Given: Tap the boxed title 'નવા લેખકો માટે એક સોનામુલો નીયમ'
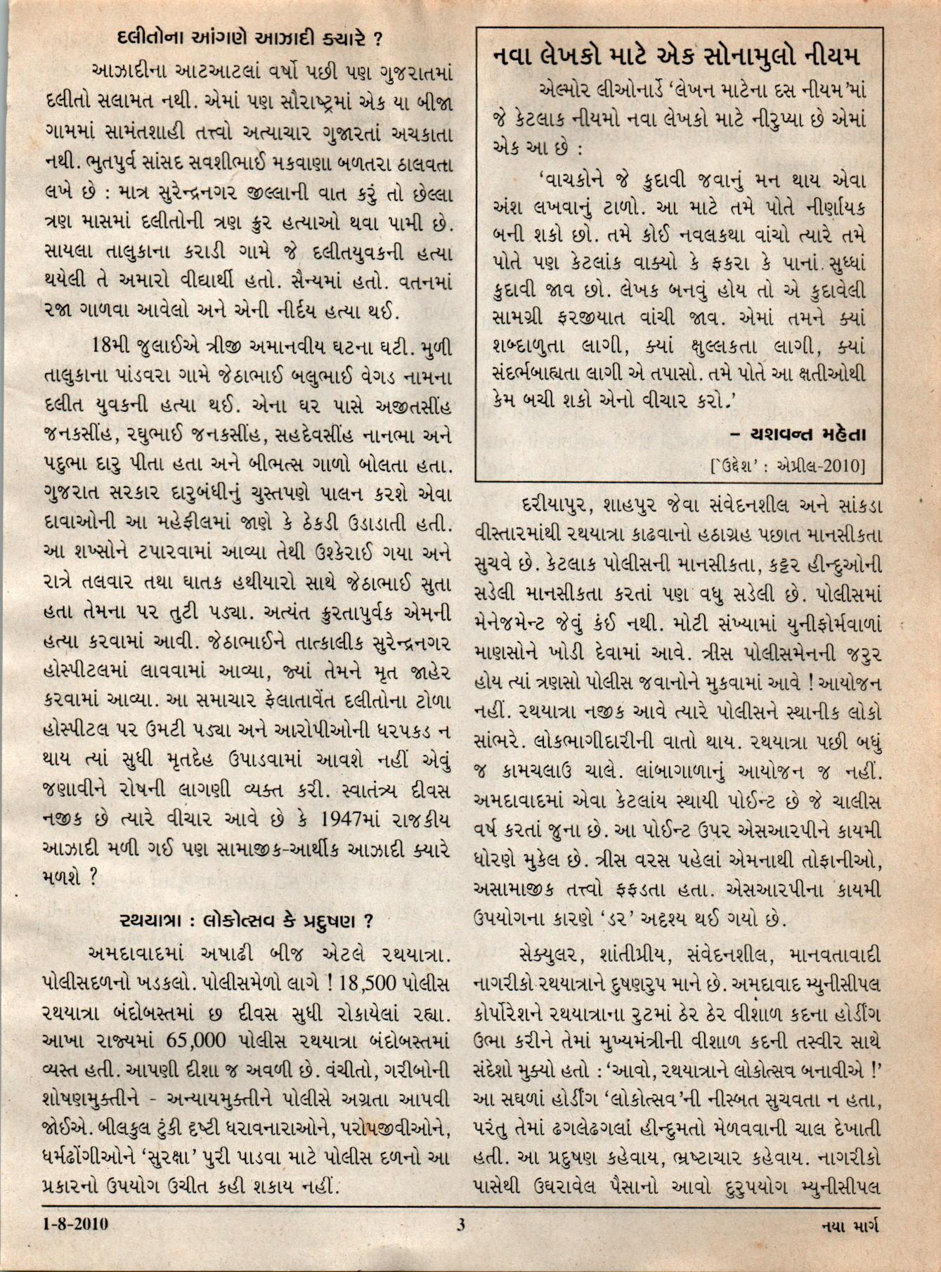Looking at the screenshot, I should pyautogui.click(x=677, y=56).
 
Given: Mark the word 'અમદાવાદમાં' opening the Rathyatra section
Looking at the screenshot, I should pyautogui.click(x=131, y=954).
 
